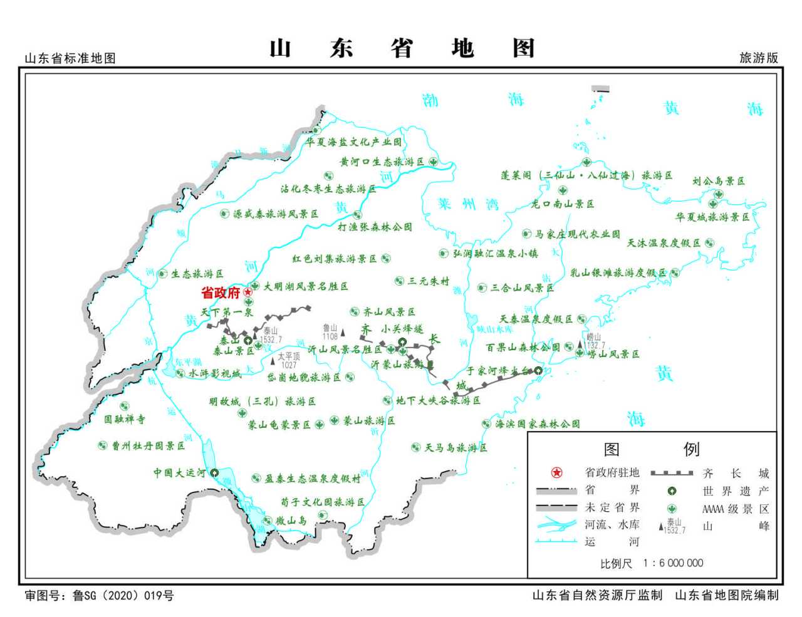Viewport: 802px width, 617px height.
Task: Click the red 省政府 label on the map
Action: pos(221,293)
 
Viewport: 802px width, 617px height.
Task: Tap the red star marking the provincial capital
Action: pos(248,292)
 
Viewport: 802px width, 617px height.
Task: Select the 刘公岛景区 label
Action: pos(719,181)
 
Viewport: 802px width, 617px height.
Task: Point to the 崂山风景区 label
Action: pos(613,354)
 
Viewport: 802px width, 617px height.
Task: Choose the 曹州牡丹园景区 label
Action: pos(148,446)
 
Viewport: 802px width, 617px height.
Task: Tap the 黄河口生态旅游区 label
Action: pos(382,162)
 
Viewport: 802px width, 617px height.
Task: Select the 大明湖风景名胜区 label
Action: pos(305,286)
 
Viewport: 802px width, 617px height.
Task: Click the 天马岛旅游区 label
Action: pos(456,448)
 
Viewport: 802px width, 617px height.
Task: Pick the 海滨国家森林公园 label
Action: pos(538,424)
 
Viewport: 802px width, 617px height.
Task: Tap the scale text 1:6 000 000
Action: pos(673,563)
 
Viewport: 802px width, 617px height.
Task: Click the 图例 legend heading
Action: pos(651,449)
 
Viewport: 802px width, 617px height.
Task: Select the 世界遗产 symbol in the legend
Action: pos(672,491)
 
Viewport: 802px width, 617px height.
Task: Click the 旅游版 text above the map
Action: pos(759,58)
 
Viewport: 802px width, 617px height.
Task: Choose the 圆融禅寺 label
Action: pos(124,419)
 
